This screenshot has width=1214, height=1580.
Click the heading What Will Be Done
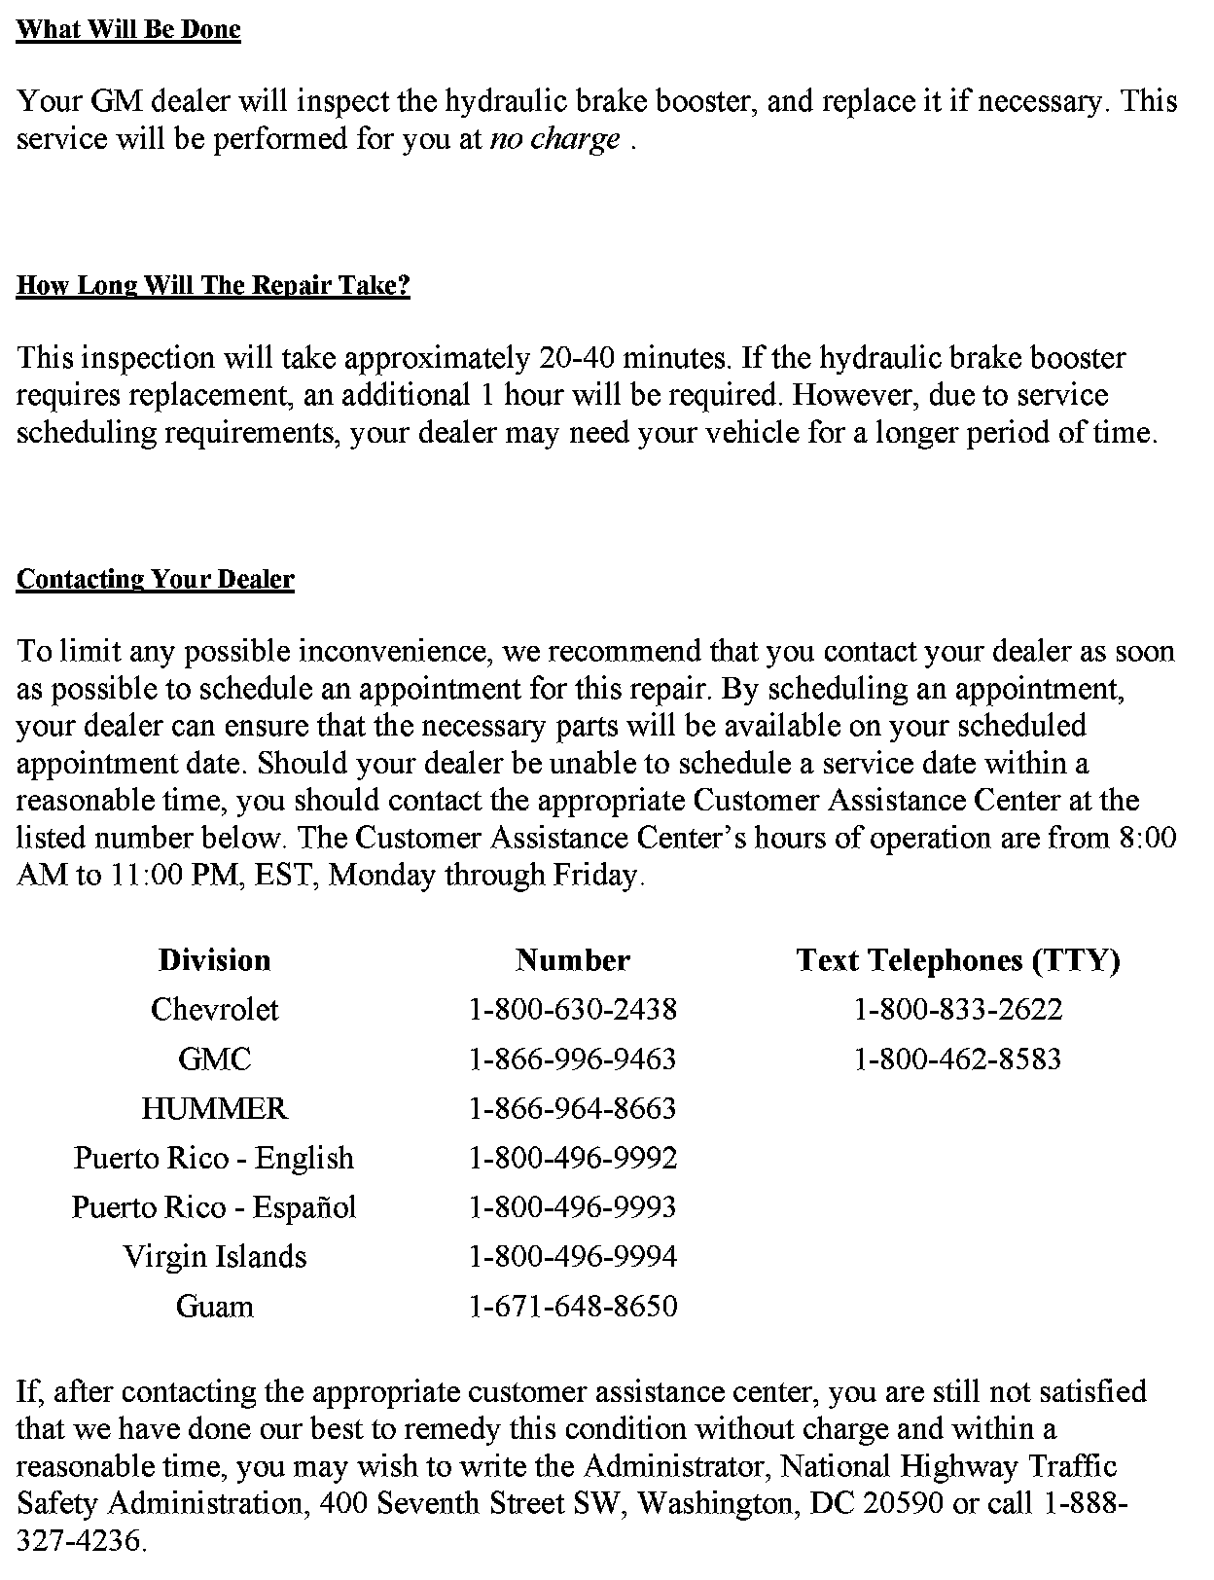[x=128, y=29]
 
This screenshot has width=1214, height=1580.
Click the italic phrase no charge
[x=554, y=139]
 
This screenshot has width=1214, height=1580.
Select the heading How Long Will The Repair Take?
[x=213, y=286]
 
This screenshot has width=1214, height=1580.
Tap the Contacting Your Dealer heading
[x=156, y=580]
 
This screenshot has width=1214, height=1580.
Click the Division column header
[x=215, y=960]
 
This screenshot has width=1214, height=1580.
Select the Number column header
[x=573, y=960]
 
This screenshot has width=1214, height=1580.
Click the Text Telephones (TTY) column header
[x=958, y=960]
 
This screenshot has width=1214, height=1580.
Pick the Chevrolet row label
[x=215, y=1009]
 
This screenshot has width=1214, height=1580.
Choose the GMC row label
[x=215, y=1059]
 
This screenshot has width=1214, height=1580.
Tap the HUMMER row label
[x=215, y=1108]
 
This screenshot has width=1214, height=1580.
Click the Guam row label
[x=215, y=1306]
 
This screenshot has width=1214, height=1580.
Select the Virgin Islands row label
[x=215, y=1256]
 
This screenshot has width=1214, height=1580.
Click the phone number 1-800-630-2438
[x=573, y=1009]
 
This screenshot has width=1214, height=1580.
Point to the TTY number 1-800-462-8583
[x=958, y=1059]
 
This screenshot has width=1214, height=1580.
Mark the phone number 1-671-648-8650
[x=573, y=1306]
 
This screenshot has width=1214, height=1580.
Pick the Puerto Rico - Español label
[x=215, y=1207]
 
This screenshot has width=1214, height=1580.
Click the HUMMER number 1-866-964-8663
[x=573, y=1108]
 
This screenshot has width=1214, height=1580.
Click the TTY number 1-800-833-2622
[x=958, y=1009]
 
